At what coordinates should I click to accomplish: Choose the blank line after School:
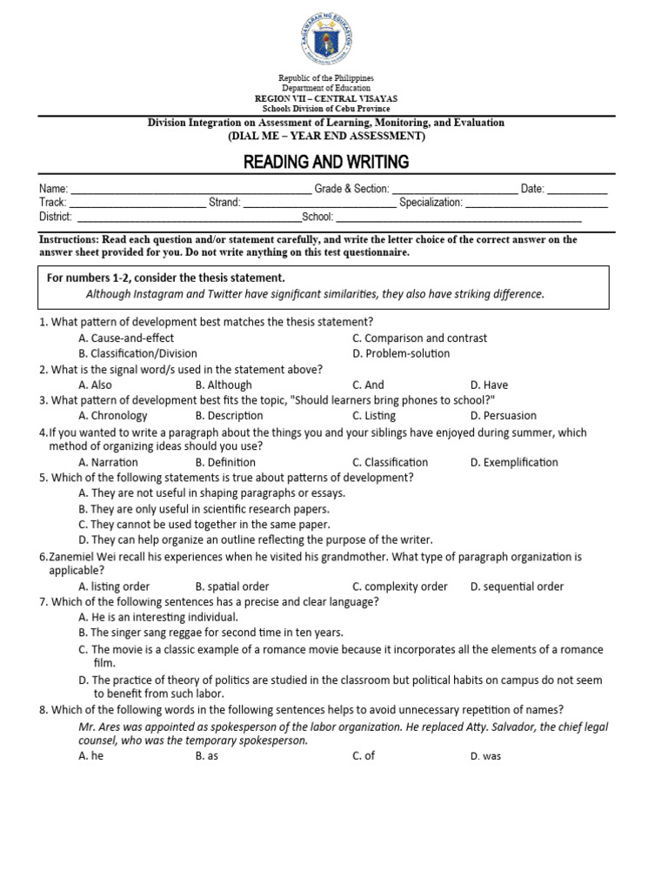[x=458, y=220]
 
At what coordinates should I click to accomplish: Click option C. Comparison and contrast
[x=419, y=338]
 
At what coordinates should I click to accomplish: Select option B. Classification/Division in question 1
[x=137, y=353]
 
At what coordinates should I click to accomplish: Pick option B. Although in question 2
[x=224, y=385]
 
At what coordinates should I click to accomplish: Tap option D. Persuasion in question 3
[x=503, y=416]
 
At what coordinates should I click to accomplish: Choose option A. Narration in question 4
[x=113, y=462]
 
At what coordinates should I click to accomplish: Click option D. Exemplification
[x=514, y=462]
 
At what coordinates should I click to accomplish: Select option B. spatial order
[x=232, y=586]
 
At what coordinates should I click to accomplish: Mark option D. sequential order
[x=517, y=586]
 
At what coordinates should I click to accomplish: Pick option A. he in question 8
[x=90, y=756]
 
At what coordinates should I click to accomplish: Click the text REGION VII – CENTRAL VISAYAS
[x=326, y=98]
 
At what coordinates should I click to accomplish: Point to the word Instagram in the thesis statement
[x=152, y=294]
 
